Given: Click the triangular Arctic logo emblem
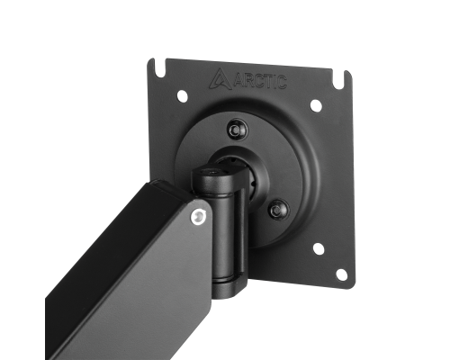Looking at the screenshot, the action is click(x=220, y=79).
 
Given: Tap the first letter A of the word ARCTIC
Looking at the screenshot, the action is click(x=238, y=80).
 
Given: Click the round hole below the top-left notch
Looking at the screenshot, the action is click(x=182, y=96).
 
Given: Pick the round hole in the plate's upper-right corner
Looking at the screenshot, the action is click(x=316, y=105).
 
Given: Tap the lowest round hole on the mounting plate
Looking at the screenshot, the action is click(x=341, y=274).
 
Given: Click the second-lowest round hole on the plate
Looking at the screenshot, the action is click(x=319, y=249).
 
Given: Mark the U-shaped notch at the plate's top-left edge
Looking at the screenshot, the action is click(x=159, y=68).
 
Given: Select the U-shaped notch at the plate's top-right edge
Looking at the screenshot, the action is click(x=338, y=80).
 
